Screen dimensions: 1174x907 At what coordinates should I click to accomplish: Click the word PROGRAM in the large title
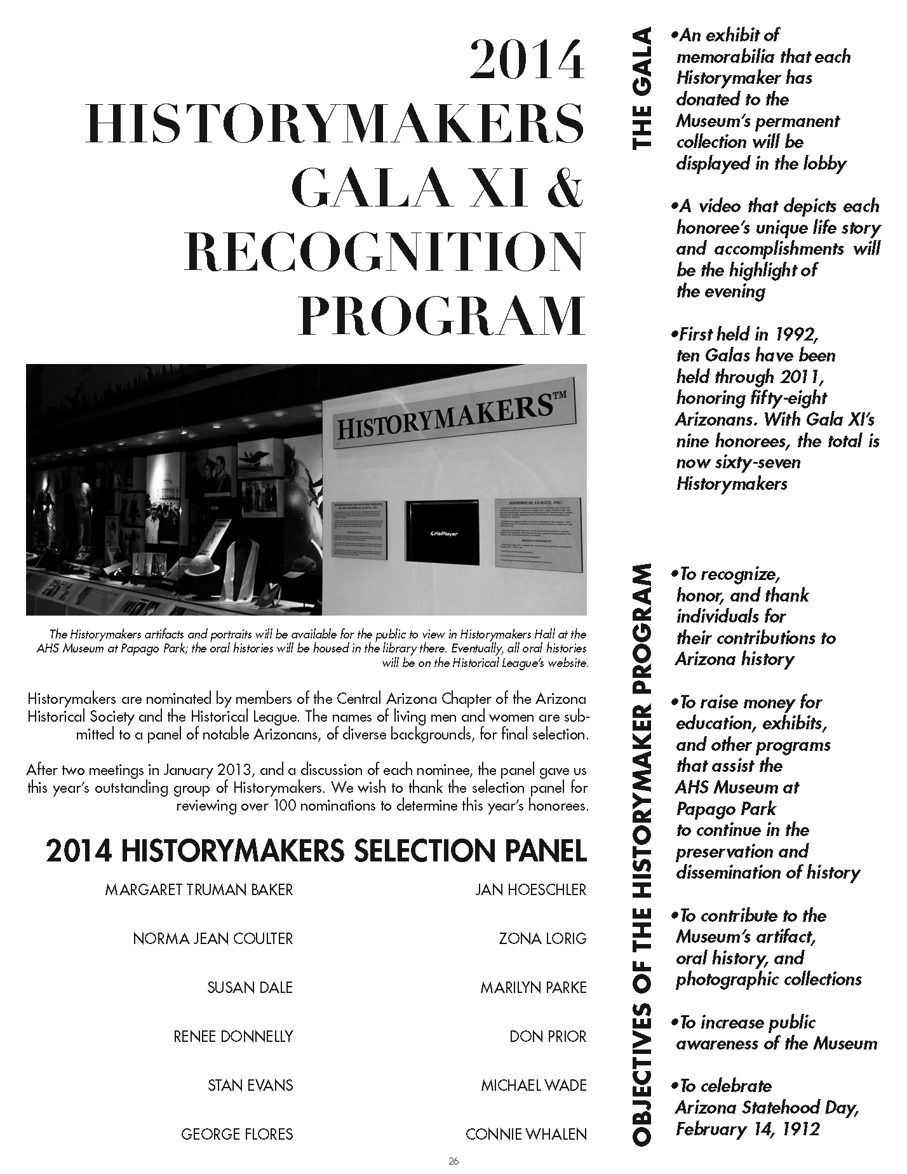pos(441,316)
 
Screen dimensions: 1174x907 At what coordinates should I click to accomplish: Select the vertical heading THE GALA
pos(642,89)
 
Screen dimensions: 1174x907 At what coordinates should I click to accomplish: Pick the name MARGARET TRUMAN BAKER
pos(199,890)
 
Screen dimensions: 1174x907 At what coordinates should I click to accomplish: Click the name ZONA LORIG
pos(542,938)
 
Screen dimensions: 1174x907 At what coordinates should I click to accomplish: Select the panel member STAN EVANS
pos(250,1085)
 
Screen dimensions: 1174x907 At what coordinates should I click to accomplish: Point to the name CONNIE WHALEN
pos(526,1134)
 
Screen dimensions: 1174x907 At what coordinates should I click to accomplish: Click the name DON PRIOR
pos(548,1037)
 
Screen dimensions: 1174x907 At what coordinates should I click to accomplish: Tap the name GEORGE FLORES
pos(237,1134)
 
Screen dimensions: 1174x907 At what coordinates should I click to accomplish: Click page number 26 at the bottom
pos(453,1161)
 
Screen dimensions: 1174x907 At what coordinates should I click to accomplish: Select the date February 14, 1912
pos(748,1129)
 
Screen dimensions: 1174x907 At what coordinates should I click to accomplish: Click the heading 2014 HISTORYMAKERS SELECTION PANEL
pos(316,851)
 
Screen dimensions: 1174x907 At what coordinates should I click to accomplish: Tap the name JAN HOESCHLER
pos(530,890)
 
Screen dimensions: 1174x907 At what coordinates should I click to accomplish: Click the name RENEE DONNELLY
pos(233,1037)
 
